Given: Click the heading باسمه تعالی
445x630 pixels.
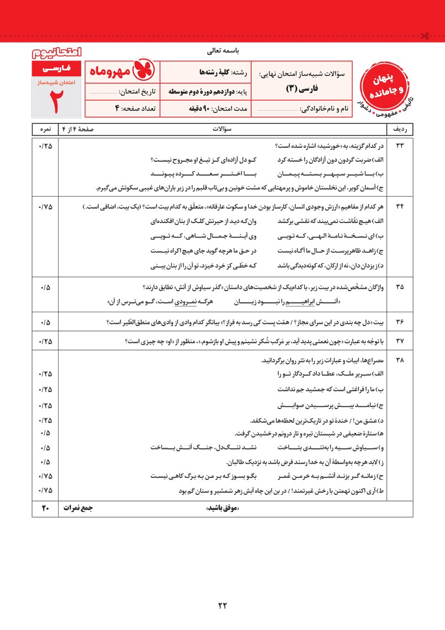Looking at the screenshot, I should pos(222,52).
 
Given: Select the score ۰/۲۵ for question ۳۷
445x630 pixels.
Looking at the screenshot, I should pos(45,340).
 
